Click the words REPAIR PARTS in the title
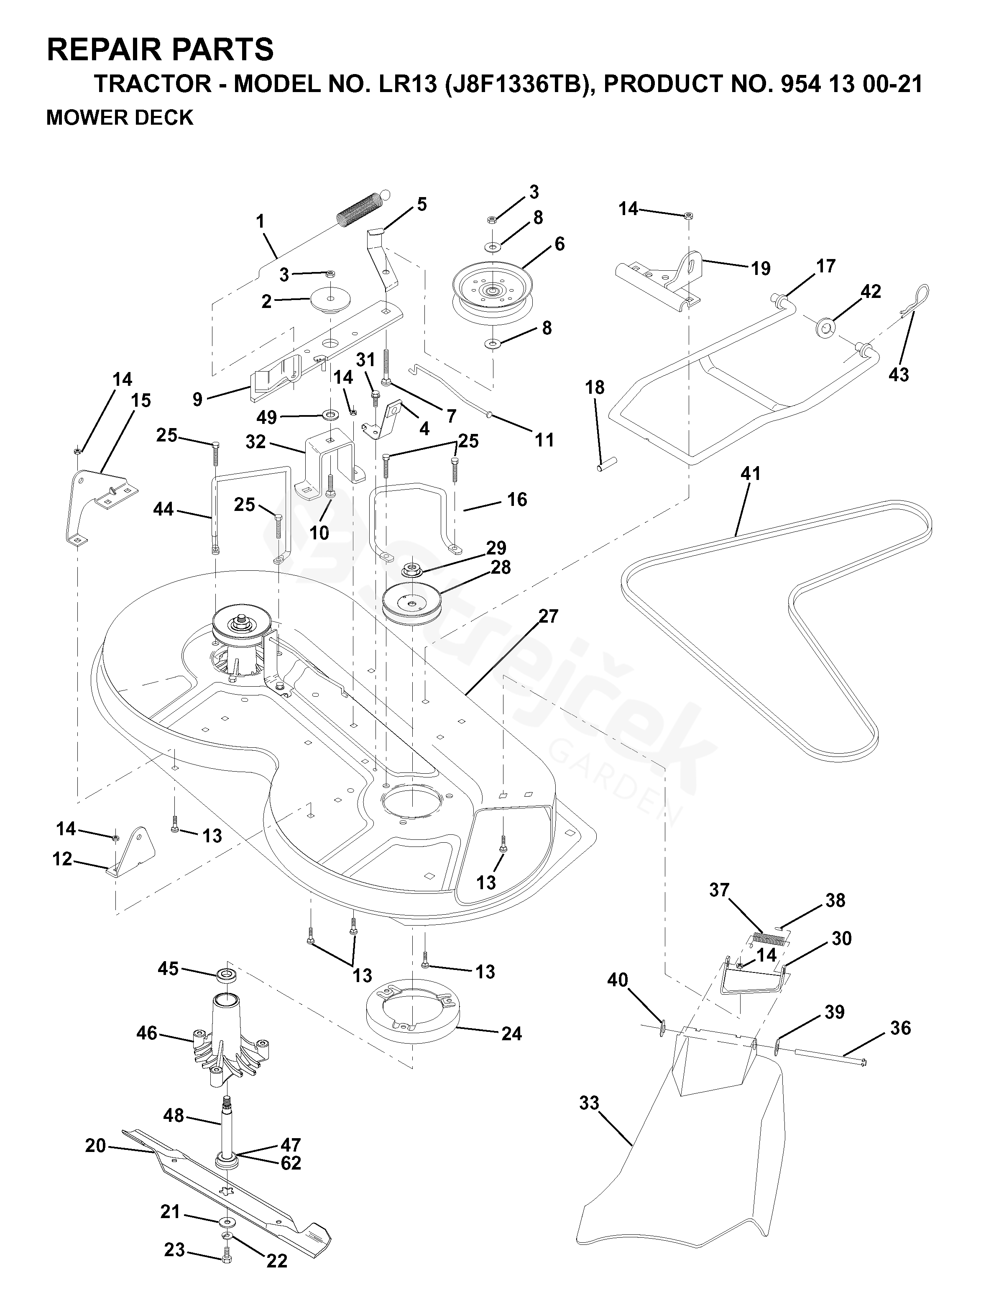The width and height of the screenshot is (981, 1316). coord(160,49)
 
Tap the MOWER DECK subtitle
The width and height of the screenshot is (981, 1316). coord(120,118)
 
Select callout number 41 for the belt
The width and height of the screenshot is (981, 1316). coord(751,474)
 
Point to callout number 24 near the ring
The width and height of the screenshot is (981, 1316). coord(511,1034)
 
